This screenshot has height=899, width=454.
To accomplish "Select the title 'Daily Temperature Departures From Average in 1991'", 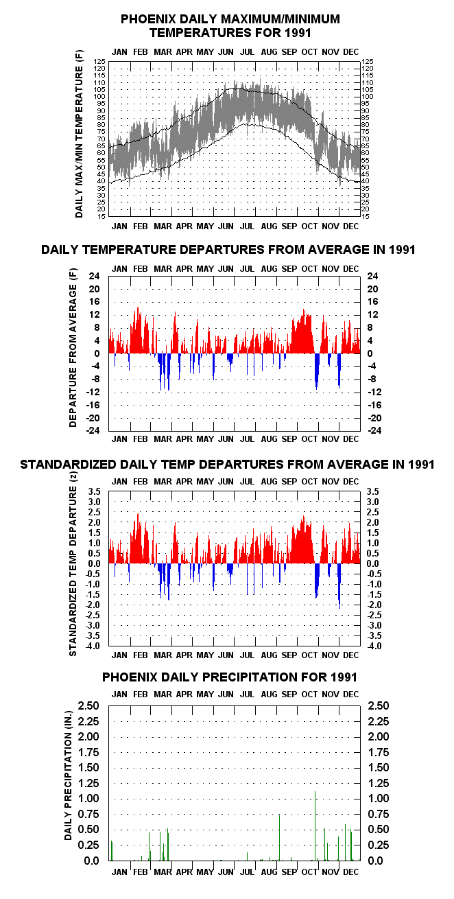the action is point(228,250).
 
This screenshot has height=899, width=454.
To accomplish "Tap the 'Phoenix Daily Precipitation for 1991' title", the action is point(230,677).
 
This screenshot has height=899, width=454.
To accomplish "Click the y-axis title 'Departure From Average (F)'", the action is point(73,347).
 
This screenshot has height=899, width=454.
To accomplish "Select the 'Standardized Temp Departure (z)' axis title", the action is point(73,563).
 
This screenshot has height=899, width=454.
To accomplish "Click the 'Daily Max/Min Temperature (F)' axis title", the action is point(79,134).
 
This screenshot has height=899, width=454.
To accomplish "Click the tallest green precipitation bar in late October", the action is point(315,826).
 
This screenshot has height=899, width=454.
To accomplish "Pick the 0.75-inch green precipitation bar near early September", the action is point(280,838).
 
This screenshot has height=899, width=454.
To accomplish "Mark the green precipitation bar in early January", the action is point(112,850).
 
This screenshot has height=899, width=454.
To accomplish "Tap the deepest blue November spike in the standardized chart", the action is point(339,586).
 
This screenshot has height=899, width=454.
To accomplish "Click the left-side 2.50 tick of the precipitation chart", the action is point(88,705).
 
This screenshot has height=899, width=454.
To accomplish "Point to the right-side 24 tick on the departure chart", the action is point(372,276).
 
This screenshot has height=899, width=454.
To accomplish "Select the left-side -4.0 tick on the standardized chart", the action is point(93,646).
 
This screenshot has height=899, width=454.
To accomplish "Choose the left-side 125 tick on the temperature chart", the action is point(99,61).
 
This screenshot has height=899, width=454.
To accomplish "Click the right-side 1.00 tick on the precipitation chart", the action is point(379,798).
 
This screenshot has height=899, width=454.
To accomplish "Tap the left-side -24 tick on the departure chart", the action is point(93,430).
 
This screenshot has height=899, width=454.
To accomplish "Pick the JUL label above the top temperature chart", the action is point(247,51).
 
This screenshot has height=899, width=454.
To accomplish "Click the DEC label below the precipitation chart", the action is point(351,872).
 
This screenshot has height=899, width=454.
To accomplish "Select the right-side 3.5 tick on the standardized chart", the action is point(372,491).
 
